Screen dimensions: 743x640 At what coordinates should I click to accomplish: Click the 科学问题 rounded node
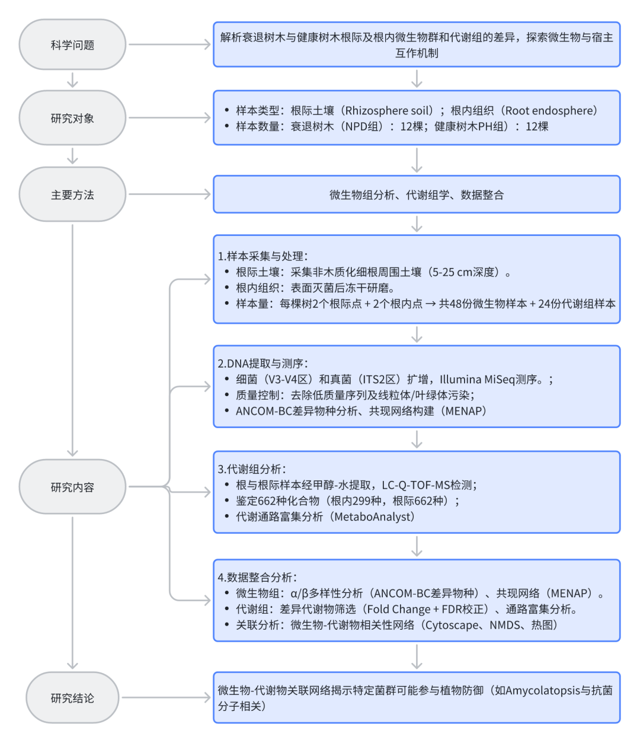(x=72, y=45)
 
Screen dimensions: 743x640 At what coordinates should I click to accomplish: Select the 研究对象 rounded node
(x=72, y=118)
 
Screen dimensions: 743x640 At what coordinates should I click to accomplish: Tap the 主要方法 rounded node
(x=72, y=194)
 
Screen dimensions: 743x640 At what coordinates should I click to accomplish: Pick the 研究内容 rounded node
(x=72, y=487)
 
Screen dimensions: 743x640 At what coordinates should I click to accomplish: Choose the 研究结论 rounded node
(x=72, y=698)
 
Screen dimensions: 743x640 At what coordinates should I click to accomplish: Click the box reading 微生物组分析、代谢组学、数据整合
(x=417, y=194)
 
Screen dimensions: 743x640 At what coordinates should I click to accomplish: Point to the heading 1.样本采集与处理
(x=263, y=256)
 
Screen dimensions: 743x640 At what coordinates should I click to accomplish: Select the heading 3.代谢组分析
(x=252, y=469)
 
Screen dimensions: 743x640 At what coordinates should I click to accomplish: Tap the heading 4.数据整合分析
(x=257, y=577)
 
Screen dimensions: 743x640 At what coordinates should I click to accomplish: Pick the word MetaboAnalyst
(x=373, y=516)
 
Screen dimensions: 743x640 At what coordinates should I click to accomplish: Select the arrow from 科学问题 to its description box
(x=169, y=44)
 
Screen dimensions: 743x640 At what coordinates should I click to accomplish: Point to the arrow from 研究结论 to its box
(x=166, y=698)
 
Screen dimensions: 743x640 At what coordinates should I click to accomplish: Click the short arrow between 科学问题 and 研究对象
(x=72, y=79)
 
